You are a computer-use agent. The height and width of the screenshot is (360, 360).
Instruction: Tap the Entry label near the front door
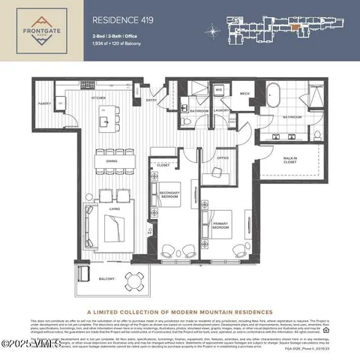[151, 99]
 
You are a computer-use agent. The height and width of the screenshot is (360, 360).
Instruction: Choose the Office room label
[222, 158]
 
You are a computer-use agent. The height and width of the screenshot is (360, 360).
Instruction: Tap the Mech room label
[244, 94]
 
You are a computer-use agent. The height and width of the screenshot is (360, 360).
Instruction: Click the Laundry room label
[220, 110]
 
